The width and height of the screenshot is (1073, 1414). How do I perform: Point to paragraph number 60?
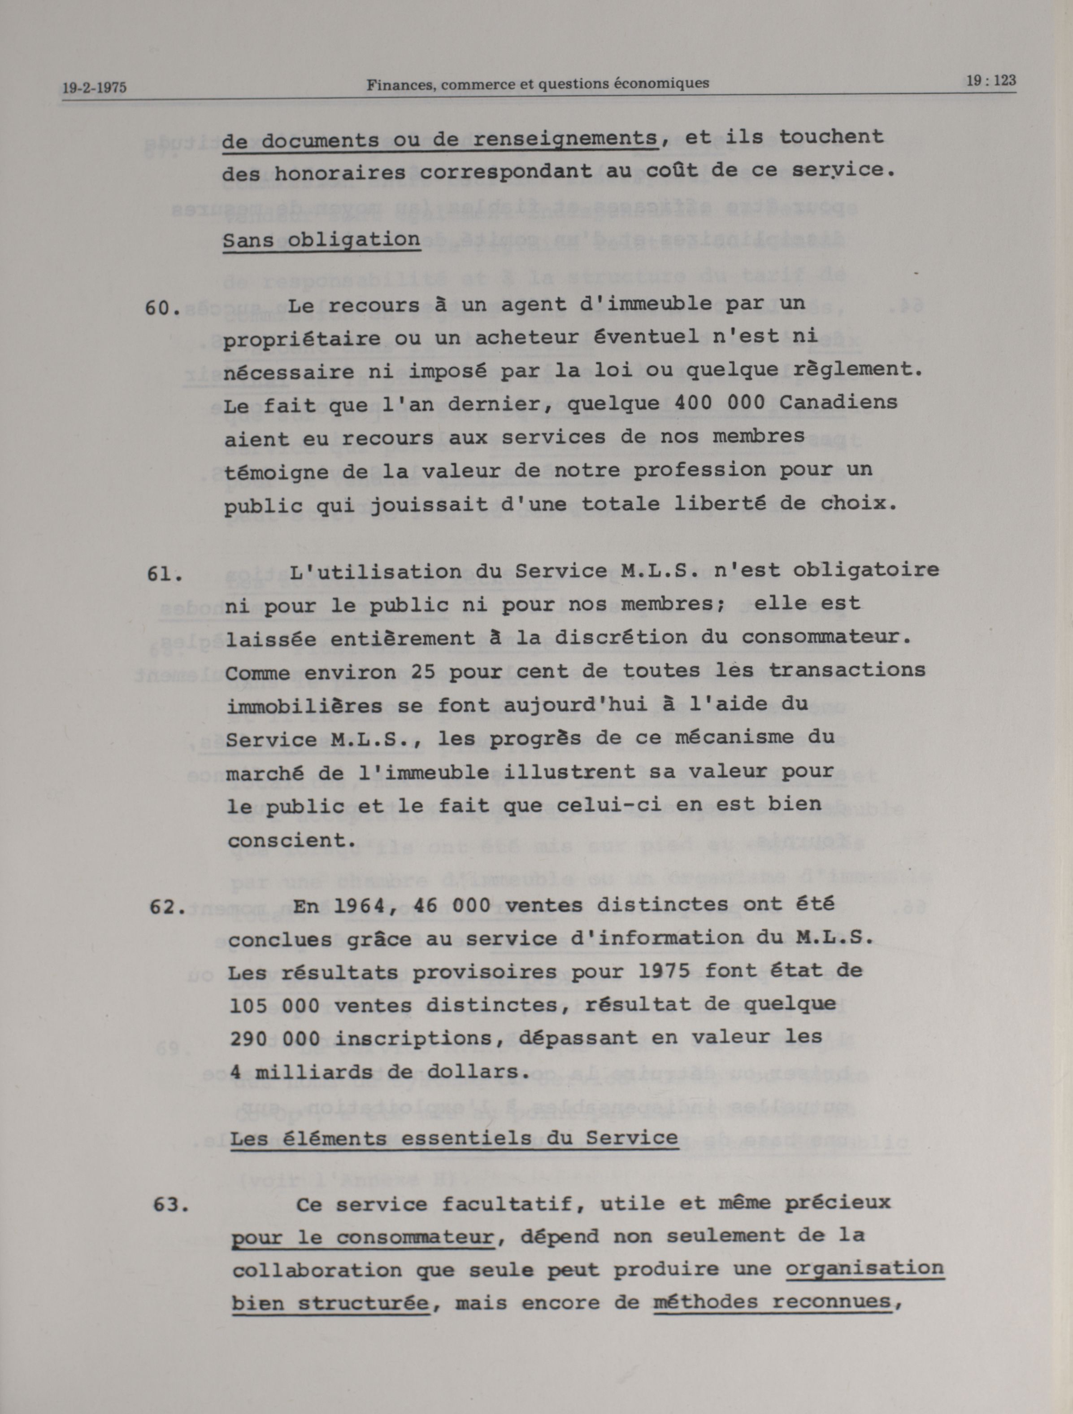(162, 308)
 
